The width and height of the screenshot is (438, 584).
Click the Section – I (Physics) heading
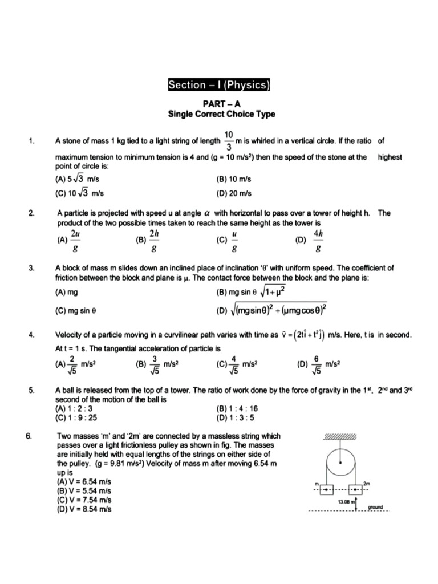click(x=218, y=86)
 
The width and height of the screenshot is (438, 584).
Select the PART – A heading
click(x=221, y=104)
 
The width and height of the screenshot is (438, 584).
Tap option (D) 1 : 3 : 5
click(x=234, y=416)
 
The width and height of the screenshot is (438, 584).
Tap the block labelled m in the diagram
click(x=326, y=490)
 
